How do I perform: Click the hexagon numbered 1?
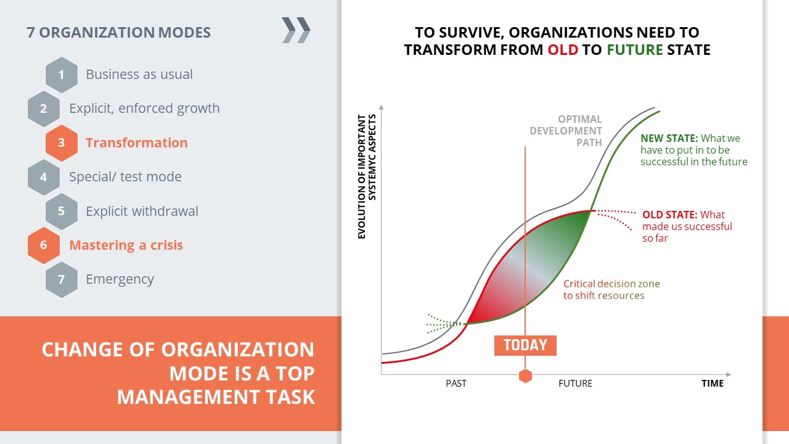pos(62,75)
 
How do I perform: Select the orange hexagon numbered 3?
pos(62,142)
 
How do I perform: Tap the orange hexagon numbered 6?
pos(44,245)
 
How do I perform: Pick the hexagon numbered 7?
pos(62,279)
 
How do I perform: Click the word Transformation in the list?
pos(137,142)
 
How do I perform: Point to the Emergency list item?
pos(120,279)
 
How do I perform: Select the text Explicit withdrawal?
pos(142,211)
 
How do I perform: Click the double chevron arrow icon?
pos(296,30)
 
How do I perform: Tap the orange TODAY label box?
pos(525,345)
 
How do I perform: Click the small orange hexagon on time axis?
pos(525,376)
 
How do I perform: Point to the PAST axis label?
pos(456,384)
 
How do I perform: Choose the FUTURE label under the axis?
pos(575,384)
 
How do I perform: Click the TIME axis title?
pos(712,384)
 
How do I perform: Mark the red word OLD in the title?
pos(563,50)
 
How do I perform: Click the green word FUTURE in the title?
pos(635,50)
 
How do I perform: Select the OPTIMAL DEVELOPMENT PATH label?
pos(566,131)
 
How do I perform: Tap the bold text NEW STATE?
pos(669,138)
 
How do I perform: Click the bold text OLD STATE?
pos(669,215)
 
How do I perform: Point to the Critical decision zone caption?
pos(611,290)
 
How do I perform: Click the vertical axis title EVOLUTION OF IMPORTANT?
pos(362,176)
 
